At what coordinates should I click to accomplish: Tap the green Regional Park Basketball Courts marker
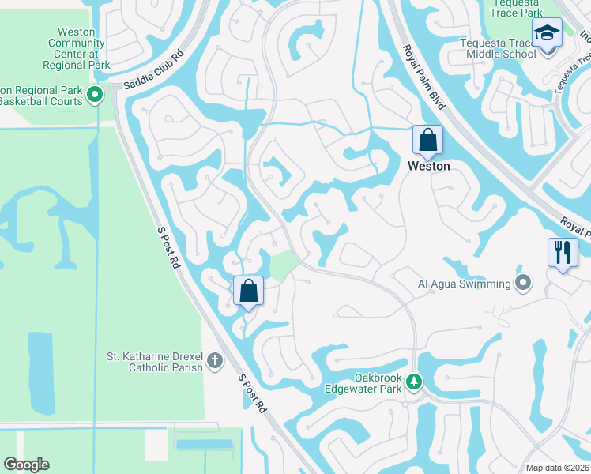[95, 96]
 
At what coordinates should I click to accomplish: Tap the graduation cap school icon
[547, 33]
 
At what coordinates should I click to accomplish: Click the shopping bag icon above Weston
[427, 140]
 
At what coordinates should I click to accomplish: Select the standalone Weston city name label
[428, 166]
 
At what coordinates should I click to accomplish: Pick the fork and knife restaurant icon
[562, 253]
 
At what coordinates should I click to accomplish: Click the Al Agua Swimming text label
[465, 283]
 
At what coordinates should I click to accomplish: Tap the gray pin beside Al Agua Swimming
[522, 282]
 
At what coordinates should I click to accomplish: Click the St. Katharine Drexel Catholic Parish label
[155, 362]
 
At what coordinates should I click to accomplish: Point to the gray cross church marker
[213, 362]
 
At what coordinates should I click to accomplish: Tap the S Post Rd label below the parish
[252, 392]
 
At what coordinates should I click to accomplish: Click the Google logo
[26, 465]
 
